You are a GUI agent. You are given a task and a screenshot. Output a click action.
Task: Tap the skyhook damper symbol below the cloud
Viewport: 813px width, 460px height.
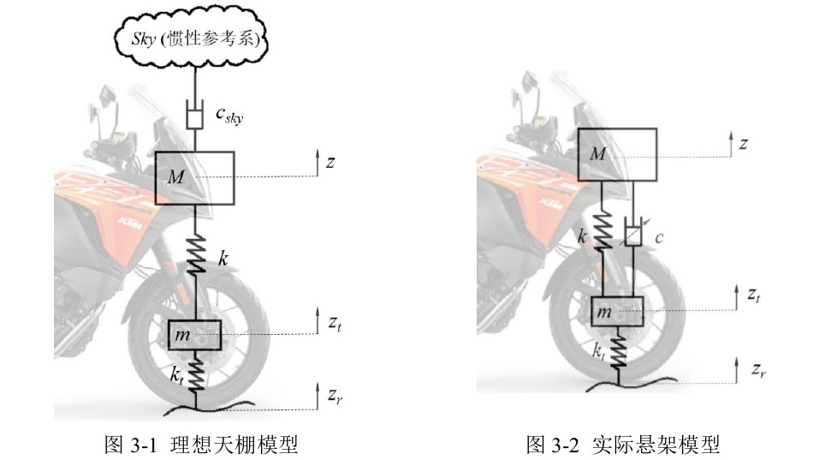194,114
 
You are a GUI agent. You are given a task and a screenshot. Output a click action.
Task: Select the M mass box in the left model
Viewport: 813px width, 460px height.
194,177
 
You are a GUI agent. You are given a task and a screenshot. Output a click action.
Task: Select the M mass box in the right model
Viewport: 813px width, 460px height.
617,154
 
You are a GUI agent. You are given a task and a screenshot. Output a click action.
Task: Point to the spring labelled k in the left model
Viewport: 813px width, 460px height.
195,256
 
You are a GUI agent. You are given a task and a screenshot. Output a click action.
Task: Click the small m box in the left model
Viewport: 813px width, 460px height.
194,334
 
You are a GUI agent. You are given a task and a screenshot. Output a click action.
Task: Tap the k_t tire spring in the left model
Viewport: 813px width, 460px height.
196,373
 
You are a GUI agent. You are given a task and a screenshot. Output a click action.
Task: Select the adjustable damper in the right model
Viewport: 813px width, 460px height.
634,233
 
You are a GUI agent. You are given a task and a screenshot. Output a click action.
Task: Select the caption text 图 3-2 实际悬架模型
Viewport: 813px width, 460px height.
622,445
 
